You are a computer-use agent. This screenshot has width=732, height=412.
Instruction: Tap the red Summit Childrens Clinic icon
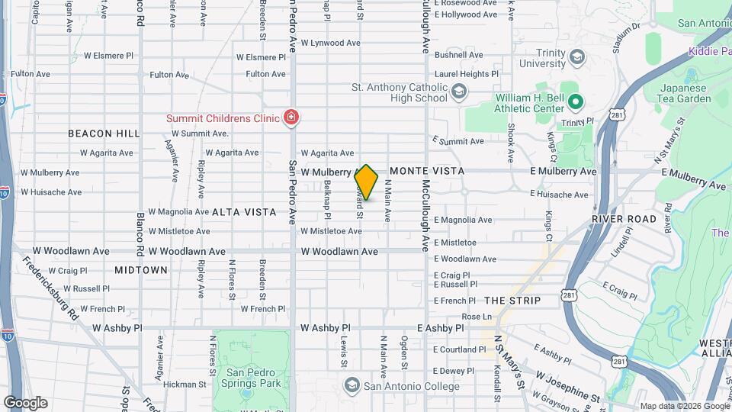(290, 117)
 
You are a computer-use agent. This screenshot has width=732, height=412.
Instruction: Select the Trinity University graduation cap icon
(577, 57)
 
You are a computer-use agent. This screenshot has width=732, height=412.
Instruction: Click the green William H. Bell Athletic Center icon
(576, 101)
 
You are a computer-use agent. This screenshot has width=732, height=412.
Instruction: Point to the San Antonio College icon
(352, 385)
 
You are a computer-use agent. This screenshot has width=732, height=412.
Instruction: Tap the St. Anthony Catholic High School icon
(458, 93)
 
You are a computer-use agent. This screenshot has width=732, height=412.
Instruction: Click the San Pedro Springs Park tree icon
(245, 395)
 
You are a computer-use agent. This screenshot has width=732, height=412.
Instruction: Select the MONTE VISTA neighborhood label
(427, 171)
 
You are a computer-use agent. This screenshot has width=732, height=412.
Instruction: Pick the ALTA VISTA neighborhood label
(244, 212)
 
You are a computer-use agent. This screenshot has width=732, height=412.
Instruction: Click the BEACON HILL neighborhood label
(104, 134)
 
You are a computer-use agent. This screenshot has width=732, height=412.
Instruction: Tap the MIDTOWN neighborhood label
(141, 270)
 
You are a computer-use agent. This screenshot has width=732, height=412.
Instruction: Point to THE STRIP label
(512, 301)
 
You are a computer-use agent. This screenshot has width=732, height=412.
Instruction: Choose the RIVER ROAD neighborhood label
(624, 219)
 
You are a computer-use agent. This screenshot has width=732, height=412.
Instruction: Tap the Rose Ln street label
(477, 316)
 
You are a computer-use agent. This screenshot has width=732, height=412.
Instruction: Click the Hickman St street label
(185, 385)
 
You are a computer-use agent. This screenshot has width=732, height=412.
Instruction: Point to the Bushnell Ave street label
(459, 55)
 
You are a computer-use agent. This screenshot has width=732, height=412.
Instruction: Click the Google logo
(24, 403)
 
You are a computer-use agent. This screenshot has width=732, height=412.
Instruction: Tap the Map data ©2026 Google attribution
(685, 406)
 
